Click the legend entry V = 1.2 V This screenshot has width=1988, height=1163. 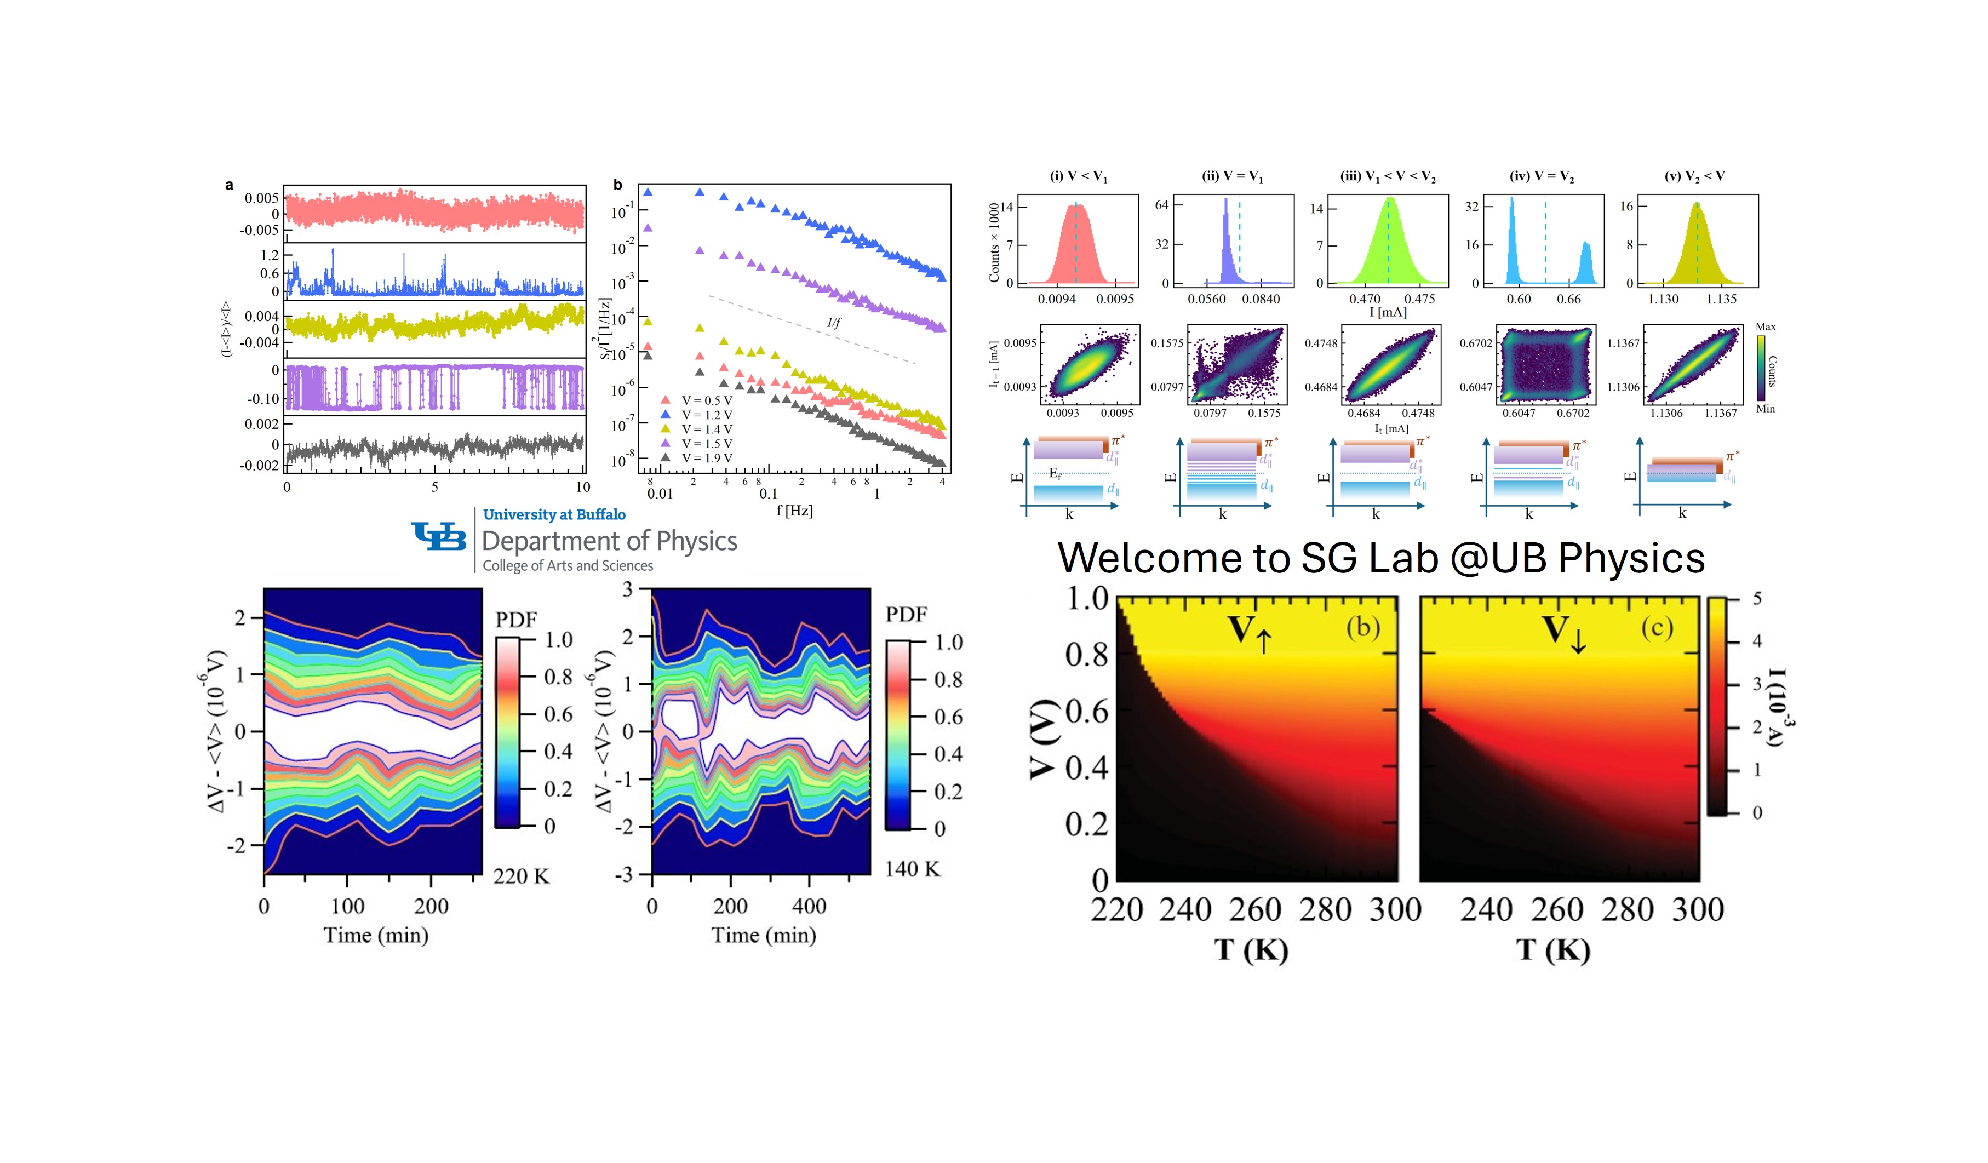coord(706,414)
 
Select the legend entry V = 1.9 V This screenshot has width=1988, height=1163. coord(706,457)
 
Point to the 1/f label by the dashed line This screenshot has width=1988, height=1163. coord(834,323)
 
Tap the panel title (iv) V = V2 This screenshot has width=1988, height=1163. coord(1542,176)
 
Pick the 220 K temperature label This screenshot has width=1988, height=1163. coord(520,876)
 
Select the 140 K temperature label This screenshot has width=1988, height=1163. coord(912,869)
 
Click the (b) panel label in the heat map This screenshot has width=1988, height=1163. coord(1363,627)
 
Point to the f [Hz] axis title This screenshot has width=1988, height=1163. coord(794,511)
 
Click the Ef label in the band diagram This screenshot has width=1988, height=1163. coord(1055,473)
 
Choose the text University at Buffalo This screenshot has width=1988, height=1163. coord(554,514)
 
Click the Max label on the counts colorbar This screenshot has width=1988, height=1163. coord(1766,326)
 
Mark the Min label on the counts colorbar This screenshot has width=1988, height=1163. coord(1766,409)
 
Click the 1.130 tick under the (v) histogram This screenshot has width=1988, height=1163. coord(1663,299)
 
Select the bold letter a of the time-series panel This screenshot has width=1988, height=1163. coord(229,185)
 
